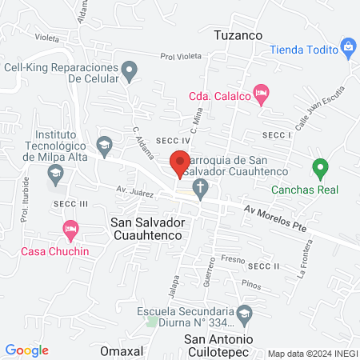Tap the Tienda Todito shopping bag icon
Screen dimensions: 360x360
point(348,46)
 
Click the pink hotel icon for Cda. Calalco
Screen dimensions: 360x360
point(260,93)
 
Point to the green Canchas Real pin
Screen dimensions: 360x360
point(320,169)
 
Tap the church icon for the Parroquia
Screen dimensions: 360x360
point(201,189)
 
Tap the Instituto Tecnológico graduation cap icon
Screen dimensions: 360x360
point(103,144)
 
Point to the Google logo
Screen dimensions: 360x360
point(27,350)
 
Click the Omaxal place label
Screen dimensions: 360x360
point(122,350)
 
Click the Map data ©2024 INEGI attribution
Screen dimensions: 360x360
point(311,354)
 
